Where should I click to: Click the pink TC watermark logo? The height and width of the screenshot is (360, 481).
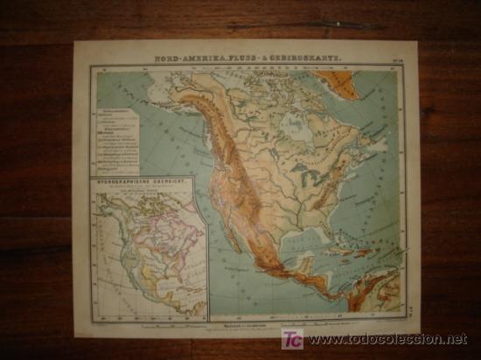pos(292,340)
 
